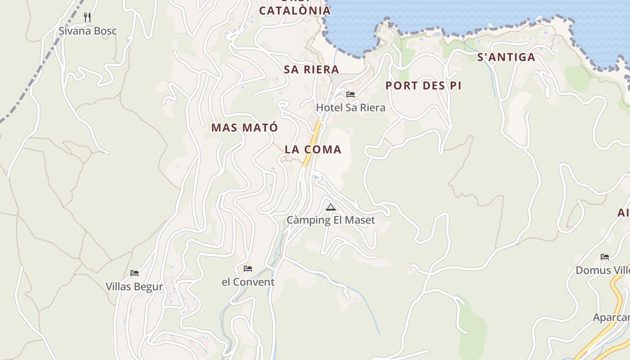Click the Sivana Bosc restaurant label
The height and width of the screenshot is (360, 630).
point(88,31)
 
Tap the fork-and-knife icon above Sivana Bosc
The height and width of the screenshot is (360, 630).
point(87,18)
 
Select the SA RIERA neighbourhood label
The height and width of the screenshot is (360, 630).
point(311,69)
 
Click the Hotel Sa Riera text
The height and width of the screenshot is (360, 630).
point(351,108)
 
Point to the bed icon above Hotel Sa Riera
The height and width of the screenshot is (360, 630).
point(351,94)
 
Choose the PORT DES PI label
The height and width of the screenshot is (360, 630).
point(423,85)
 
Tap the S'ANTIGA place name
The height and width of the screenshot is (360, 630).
point(506,57)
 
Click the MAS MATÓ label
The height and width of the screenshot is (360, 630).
point(245,127)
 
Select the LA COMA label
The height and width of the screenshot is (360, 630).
point(313,149)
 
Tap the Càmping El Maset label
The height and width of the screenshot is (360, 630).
point(331,220)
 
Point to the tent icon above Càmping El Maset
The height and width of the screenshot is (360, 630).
point(331,207)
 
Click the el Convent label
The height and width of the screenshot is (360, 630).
point(248,282)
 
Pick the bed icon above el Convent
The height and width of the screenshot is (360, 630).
point(248,269)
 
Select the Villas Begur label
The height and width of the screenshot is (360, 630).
point(134,287)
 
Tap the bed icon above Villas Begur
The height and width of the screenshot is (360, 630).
point(135,273)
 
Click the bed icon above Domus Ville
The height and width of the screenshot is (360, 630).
point(605,257)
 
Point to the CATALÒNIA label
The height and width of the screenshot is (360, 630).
point(295,10)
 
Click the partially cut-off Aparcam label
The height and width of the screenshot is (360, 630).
point(612,317)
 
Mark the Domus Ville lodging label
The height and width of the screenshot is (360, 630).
point(603,270)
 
